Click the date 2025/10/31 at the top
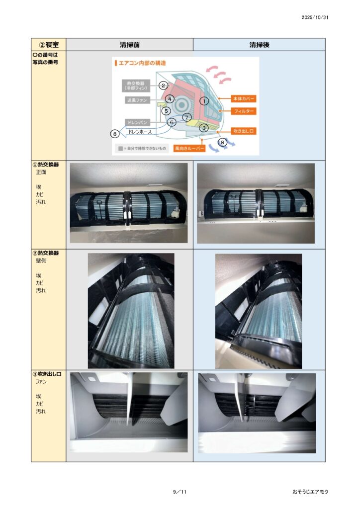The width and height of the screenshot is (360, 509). pyautogui.click(x=315, y=17)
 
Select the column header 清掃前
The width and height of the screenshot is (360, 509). pyautogui.click(x=129, y=45)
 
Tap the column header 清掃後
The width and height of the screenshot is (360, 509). pyautogui.click(x=260, y=45)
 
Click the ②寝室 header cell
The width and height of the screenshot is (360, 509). pyautogui.click(x=49, y=45)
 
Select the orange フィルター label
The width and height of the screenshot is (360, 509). pyautogui.click(x=244, y=111)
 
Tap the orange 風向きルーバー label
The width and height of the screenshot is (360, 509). pyautogui.click(x=189, y=148)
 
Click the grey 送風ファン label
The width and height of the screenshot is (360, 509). pyautogui.click(x=137, y=100)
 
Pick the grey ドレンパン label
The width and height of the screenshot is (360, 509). pyautogui.click(x=137, y=122)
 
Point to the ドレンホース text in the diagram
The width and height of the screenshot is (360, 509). pyautogui.click(x=140, y=132)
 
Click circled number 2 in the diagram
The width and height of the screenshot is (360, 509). pyautogui.click(x=163, y=85)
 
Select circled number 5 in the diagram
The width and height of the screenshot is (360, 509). pyautogui.click(x=166, y=111)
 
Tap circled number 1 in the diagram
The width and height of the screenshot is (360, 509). pyautogui.click(x=204, y=101)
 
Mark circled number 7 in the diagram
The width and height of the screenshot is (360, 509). pyautogui.click(x=186, y=117)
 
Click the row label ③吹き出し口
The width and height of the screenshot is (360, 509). pyautogui.click(x=47, y=374)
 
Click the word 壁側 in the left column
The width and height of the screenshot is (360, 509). pyautogui.click(x=41, y=260)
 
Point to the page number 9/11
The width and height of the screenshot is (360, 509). pyautogui.click(x=180, y=492)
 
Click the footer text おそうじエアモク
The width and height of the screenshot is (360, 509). pyautogui.click(x=310, y=492)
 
